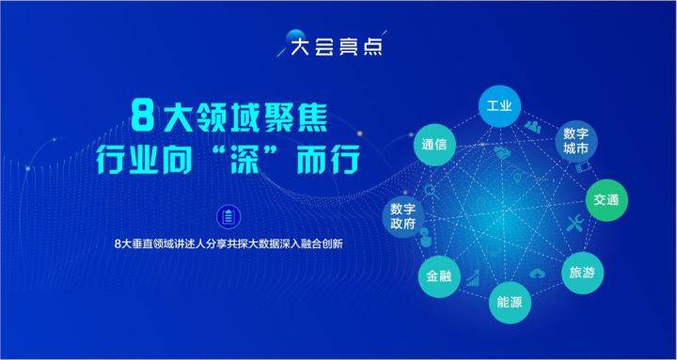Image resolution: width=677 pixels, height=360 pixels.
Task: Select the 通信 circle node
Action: [x=434, y=147]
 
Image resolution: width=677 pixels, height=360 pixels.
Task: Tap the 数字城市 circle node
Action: [x=575, y=142]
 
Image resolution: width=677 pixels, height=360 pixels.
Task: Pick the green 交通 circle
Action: [x=605, y=200]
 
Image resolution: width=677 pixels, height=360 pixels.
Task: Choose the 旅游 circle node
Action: [x=581, y=273]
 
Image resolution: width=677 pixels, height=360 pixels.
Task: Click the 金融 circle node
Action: [x=439, y=275]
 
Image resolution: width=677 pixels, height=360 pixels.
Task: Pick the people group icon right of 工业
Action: [x=533, y=126]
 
